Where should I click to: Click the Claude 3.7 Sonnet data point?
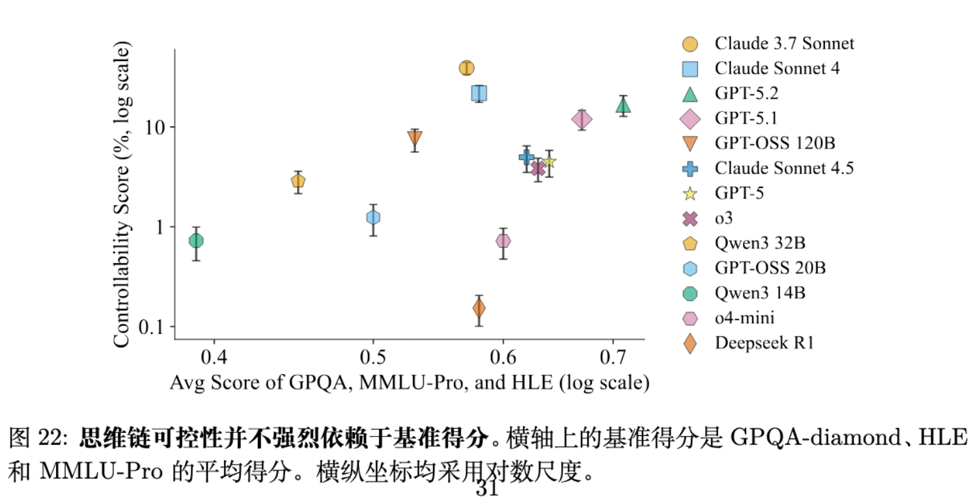(x=466, y=68)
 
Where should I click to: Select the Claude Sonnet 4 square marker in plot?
(x=479, y=93)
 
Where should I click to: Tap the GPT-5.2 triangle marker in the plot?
(x=623, y=105)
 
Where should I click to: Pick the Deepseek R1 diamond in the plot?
(x=479, y=308)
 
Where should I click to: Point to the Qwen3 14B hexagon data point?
(x=196, y=241)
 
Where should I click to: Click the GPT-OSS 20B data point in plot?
(x=372, y=217)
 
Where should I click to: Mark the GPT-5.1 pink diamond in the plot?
(x=581, y=119)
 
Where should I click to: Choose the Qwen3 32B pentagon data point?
(x=298, y=182)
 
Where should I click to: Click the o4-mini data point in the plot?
(x=503, y=241)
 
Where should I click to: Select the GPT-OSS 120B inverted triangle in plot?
(x=415, y=139)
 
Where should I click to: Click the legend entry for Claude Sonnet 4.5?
(x=784, y=168)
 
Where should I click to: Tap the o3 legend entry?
(x=723, y=218)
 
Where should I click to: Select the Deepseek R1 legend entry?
(x=764, y=343)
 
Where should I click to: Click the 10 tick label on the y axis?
(x=153, y=127)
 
